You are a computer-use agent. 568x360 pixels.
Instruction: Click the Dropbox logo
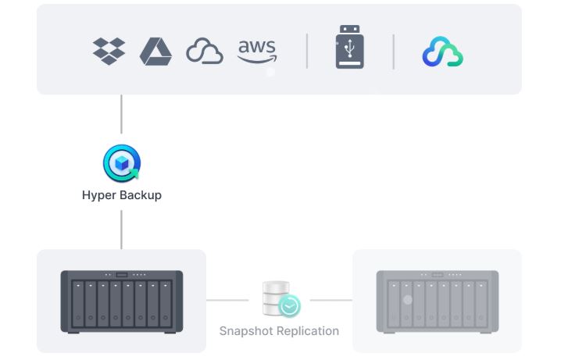[x=109, y=51]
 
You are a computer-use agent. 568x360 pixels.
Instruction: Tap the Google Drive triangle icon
[x=155, y=51]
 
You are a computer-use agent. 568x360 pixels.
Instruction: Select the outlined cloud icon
[x=205, y=52]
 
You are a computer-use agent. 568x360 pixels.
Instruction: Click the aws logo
[x=257, y=51]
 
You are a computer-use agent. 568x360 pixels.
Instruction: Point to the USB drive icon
[x=349, y=48]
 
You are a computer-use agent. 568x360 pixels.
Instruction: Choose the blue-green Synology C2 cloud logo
[x=443, y=52]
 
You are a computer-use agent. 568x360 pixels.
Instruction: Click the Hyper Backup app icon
[x=121, y=163]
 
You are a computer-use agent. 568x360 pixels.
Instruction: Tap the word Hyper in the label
[x=98, y=195]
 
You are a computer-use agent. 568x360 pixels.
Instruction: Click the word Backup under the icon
[x=140, y=195]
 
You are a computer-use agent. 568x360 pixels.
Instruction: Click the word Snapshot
[x=246, y=331]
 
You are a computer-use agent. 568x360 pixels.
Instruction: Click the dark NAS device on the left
[x=121, y=301]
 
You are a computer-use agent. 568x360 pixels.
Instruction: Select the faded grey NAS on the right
[x=437, y=301]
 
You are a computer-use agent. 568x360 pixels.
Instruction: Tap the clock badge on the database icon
[x=289, y=307]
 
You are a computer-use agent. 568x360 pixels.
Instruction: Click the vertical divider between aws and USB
[x=307, y=51]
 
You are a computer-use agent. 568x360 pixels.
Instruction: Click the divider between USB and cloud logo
[x=393, y=51]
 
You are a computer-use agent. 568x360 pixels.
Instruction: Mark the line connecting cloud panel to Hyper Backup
[x=121, y=114]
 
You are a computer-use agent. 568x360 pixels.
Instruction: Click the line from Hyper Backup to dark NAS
[x=121, y=229]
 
